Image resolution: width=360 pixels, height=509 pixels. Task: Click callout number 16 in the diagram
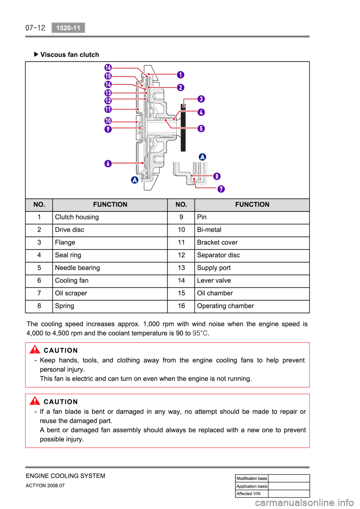[108, 67]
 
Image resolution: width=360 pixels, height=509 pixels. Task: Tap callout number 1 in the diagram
[180, 75]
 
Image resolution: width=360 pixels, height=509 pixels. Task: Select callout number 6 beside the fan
[108, 163]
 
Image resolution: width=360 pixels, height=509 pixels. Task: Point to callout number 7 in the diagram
[221, 189]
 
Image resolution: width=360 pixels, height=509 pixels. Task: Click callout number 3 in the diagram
[201, 99]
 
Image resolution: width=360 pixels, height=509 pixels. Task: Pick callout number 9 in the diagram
[108, 129]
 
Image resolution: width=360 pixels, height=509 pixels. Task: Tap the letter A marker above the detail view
[202, 157]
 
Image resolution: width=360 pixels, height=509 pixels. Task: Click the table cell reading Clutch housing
[77, 217]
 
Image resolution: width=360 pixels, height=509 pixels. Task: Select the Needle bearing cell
[77, 268]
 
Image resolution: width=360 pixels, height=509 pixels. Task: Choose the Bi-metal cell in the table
[209, 230]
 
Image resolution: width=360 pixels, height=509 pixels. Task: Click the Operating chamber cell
[225, 306]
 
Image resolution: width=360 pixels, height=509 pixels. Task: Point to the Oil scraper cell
[71, 293]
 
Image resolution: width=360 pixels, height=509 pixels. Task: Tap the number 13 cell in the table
[181, 268]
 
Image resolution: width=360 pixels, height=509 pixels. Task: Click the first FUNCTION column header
[110, 205]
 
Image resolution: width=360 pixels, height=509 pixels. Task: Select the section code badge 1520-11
[68, 28]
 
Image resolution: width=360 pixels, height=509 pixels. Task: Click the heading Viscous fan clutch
[69, 55]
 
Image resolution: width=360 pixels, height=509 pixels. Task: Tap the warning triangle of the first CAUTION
[34, 350]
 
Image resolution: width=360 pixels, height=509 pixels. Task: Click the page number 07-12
[35, 28]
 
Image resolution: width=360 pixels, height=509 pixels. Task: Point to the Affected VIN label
[248, 494]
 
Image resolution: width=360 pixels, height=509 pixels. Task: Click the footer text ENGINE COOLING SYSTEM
[65, 476]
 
